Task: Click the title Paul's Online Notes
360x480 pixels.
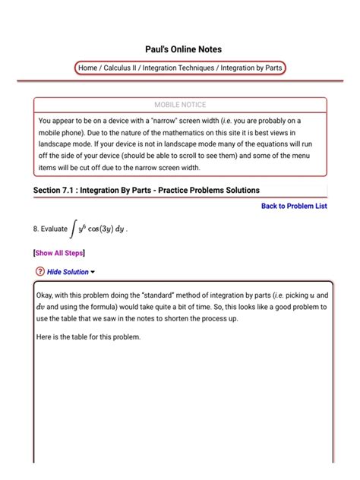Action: pyautogui.click(x=180, y=49)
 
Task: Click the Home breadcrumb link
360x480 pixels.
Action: pyautogui.click(x=87, y=68)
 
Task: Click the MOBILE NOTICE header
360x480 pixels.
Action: pyautogui.click(x=180, y=105)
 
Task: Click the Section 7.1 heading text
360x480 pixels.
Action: pyautogui.click(x=147, y=189)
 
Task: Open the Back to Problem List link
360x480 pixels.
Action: pyautogui.click(x=294, y=206)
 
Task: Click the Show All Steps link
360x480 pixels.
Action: pyautogui.click(x=59, y=254)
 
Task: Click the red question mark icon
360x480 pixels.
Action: pyautogui.click(x=39, y=272)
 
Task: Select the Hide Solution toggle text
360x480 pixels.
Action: pyautogui.click(x=68, y=272)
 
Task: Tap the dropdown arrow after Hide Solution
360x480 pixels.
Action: pyautogui.click(x=93, y=272)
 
